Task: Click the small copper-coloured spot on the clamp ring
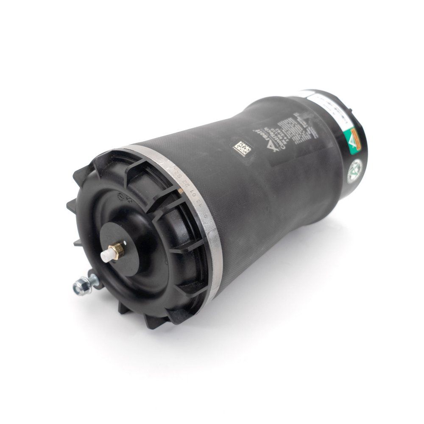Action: click(x=181, y=191)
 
